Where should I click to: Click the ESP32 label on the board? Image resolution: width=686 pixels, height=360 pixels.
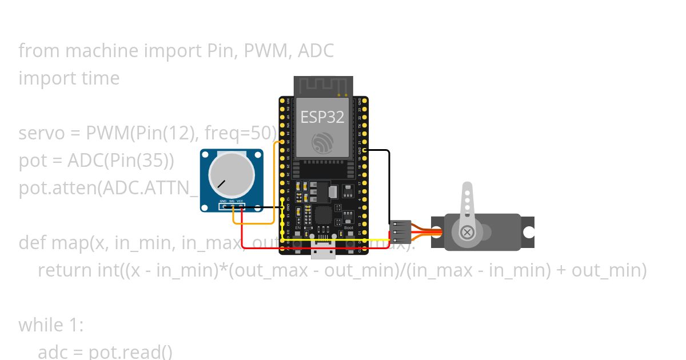click(x=322, y=117)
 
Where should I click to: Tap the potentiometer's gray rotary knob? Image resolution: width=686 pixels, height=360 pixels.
click(x=231, y=172)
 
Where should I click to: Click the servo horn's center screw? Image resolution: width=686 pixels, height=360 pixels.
click(x=467, y=232)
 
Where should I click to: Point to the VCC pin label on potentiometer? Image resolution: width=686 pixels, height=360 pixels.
click(x=240, y=201)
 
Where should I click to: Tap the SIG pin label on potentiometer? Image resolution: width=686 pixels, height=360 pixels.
click(x=232, y=201)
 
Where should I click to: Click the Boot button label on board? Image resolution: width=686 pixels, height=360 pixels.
click(x=348, y=227)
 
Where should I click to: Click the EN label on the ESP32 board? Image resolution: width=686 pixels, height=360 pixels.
click(x=298, y=227)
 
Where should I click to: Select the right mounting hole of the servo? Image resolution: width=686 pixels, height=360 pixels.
click(x=528, y=232)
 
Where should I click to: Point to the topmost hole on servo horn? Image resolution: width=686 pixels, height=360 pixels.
click(x=468, y=189)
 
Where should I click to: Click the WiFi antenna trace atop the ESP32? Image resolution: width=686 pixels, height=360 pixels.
click(x=322, y=86)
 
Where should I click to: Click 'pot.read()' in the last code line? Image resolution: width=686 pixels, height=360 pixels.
click(x=130, y=352)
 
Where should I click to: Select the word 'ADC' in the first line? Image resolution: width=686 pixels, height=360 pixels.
click(x=316, y=51)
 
